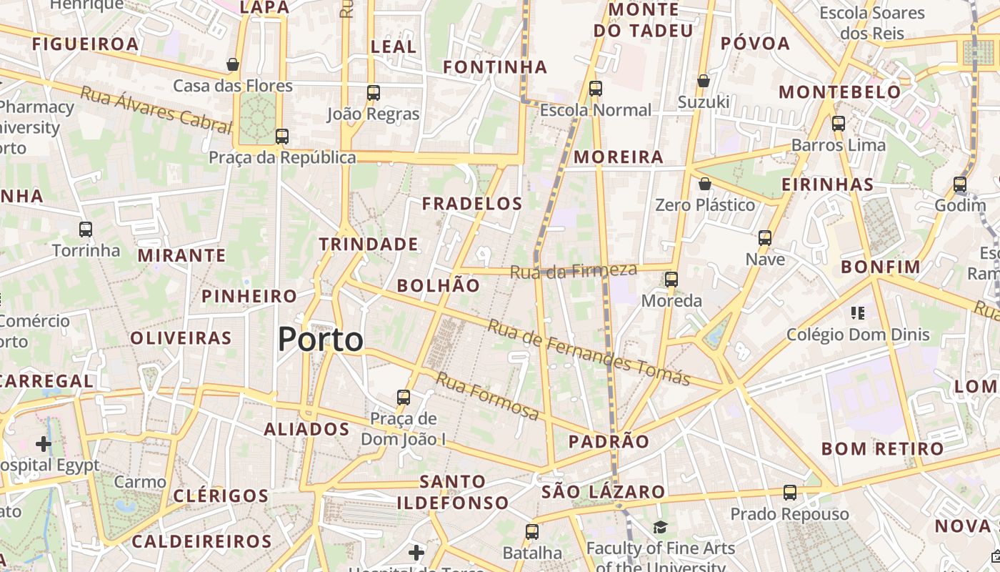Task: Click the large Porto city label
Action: pyautogui.click(x=321, y=339)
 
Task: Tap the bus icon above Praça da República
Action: pyautogui.click(x=282, y=136)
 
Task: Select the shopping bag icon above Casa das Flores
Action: pyautogui.click(x=233, y=64)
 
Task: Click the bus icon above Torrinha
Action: pyautogui.click(x=86, y=230)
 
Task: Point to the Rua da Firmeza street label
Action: pyautogui.click(x=573, y=271)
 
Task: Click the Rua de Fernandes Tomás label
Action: pyautogui.click(x=589, y=352)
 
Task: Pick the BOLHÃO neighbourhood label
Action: pyautogui.click(x=439, y=285)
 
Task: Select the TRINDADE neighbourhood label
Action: pyautogui.click(x=369, y=244)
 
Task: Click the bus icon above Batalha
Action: pyautogui.click(x=532, y=531)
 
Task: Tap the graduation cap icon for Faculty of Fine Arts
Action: pyautogui.click(x=660, y=528)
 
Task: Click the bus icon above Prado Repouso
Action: pyautogui.click(x=790, y=492)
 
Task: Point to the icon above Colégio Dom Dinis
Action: pyautogui.click(x=858, y=312)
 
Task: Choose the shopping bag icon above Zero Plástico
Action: pyautogui.click(x=705, y=184)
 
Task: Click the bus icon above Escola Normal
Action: pyautogui.click(x=596, y=89)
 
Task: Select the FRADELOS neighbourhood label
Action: pyautogui.click(x=472, y=204)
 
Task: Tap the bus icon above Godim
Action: pyautogui.click(x=960, y=184)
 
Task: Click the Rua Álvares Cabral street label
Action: pyautogui.click(x=156, y=110)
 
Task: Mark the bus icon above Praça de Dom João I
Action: pyautogui.click(x=404, y=397)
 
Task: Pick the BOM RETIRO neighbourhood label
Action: pyautogui.click(x=883, y=449)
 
